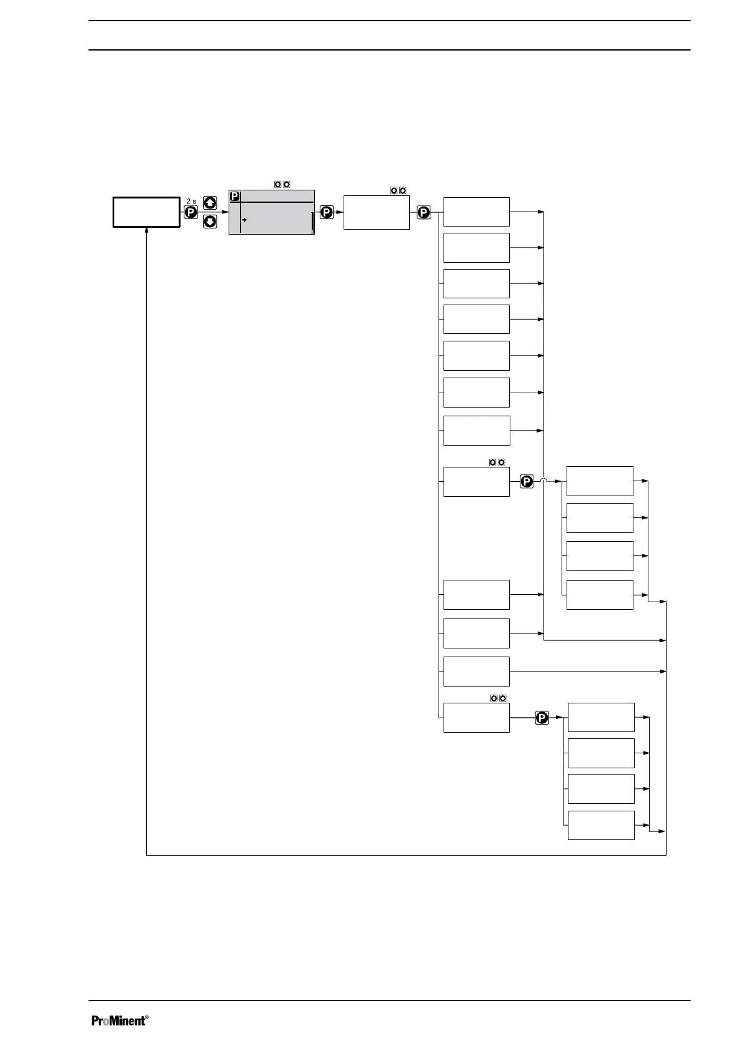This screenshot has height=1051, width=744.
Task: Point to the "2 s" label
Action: pyautogui.click(x=191, y=202)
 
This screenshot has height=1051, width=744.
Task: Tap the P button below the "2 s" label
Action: pyautogui.click(x=191, y=213)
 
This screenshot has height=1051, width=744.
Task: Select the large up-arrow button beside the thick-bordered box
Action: pyautogui.click(x=211, y=203)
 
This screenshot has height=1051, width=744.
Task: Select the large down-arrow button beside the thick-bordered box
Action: pyautogui.click(x=211, y=222)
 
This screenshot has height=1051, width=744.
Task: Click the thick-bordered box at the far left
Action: pyautogui.click(x=146, y=212)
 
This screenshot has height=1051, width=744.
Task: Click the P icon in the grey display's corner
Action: pyautogui.click(x=235, y=197)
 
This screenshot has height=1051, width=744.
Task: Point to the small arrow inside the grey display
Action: pyautogui.click(x=245, y=220)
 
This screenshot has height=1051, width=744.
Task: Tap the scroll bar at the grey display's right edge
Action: pyautogui.click(x=312, y=223)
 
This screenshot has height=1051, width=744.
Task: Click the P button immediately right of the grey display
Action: pyautogui.click(x=326, y=212)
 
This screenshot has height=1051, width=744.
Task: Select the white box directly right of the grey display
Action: pyautogui.click(x=376, y=213)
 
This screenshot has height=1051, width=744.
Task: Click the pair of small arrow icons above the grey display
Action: pyautogui.click(x=282, y=185)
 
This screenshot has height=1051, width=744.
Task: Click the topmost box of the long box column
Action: pyautogui.click(x=476, y=212)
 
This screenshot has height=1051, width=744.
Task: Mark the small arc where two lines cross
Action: pyautogui.click(x=544, y=480)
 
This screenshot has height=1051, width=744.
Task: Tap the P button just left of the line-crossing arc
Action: pyautogui.click(x=527, y=481)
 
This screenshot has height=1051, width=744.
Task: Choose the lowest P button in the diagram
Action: pyautogui.click(x=542, y=718)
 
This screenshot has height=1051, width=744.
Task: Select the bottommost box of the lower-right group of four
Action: pyautogui.click(x=600, y=825)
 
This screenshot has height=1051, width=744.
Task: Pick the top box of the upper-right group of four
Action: pyautogui.click(x=599, y=481)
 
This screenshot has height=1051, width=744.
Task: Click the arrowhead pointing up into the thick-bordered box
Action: pyautogui.click(x=146, y=230)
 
